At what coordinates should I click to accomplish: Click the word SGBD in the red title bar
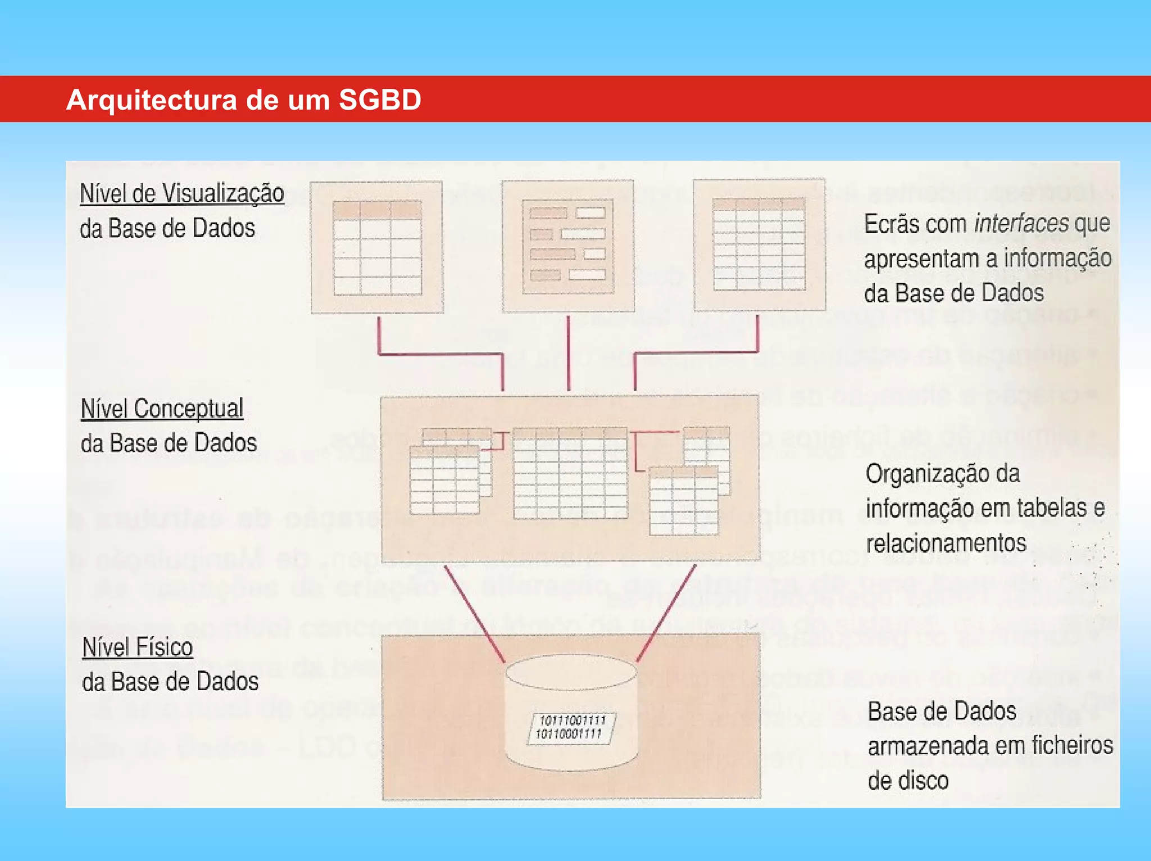coord(379,100)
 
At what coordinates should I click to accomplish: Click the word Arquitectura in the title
coord(152,100)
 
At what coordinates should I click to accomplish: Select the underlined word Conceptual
coord(188,408)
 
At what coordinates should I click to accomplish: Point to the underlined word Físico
coord(167,647)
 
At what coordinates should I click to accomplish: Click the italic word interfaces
coord(1021,223)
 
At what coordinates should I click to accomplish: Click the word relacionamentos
coord(946,543)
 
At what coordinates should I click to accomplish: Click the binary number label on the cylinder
coord(571,727)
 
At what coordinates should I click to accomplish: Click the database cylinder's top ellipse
coord(571,671)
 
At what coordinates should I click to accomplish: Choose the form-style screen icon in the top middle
coord(568,246)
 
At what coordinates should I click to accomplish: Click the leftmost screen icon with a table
coord(377,247)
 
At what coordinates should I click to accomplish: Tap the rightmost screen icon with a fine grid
coord(759,245)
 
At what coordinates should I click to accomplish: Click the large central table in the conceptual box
coord(570,472)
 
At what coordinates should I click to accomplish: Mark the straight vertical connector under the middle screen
coord(568,353)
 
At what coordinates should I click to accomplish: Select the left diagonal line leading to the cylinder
coord(474,613)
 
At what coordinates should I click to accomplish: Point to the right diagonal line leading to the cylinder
coord(667,613)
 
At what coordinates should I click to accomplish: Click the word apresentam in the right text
coord(922,259)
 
